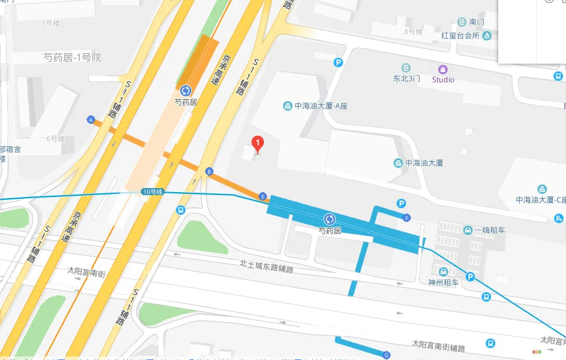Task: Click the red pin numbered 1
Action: coord(257,143)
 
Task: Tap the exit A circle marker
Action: coord(91,120)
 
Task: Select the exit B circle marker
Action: coord(209,172)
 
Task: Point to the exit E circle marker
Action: coord(262,196)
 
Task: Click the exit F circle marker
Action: coord(407,217)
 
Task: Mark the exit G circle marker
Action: coord(386,355)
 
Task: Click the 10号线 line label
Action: coord(153,192)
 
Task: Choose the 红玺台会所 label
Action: coord(460,36)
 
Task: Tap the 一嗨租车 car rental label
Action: coord(489,230)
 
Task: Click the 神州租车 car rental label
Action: coord(444,283)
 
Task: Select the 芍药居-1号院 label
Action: coord(73,58)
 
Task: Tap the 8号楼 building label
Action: coord(413,31)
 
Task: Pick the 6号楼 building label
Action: coord(55,139)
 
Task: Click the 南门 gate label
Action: coord(477,22)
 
